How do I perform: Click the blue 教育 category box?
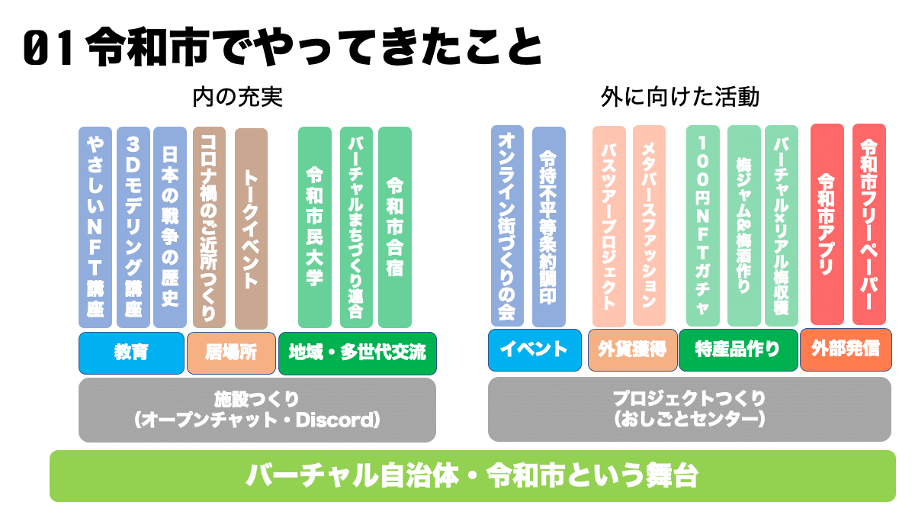point(131,353)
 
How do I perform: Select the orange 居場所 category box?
point(231,353)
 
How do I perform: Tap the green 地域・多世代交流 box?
point(358,353)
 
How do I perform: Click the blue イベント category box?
point(535,350)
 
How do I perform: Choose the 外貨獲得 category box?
point(632,350)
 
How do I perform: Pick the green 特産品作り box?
point(738,350)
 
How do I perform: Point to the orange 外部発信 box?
point(846,350)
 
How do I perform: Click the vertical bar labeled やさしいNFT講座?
point(95,227)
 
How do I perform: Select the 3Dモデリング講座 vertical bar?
point(133,227)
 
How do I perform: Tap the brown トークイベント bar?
point(251,229)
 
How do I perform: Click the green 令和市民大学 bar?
point(314,227)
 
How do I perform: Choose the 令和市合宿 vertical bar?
point(395,227)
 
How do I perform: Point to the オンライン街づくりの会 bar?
point(507,226)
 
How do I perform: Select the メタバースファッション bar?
point(649,226)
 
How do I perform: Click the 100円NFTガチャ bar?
point(702,226)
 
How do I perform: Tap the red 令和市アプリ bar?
point(827,224)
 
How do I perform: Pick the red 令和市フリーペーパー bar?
point(869,224)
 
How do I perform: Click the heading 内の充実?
point(238,98)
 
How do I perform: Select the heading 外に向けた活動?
point(680,98)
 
